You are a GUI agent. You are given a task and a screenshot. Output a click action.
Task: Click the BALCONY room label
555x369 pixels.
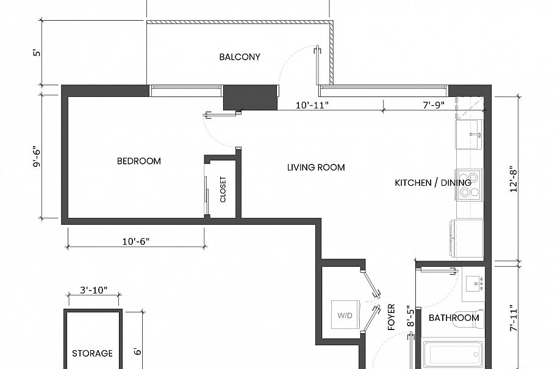pos(240,57)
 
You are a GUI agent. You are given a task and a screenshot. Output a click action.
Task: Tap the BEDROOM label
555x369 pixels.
pos(139,161)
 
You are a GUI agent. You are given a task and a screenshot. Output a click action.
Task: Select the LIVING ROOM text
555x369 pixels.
pos(316,167)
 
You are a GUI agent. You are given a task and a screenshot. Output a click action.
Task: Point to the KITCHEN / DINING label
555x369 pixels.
pos(432,183)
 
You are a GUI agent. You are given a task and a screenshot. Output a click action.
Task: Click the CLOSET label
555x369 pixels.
pos(223,189)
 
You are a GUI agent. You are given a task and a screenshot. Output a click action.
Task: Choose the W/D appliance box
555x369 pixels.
pos(345,316)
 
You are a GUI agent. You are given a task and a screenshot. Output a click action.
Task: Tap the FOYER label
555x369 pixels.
pos(392,317)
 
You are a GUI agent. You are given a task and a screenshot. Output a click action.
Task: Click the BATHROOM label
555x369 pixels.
pos(453,318)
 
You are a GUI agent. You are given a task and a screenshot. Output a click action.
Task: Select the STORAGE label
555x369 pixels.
pos(93,353)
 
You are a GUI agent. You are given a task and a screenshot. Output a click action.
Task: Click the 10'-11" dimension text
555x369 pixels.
pos(312,105)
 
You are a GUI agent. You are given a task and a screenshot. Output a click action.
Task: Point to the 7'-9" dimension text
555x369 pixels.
pos(434,105)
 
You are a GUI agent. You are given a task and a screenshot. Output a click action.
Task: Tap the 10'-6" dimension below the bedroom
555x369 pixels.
pos(136,241)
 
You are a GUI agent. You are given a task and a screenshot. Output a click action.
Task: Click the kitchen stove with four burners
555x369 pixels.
pos(470,184)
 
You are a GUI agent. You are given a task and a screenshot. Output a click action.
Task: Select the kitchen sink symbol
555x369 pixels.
pos(470,134)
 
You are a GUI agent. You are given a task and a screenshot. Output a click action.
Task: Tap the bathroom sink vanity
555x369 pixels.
pos(473,284)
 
